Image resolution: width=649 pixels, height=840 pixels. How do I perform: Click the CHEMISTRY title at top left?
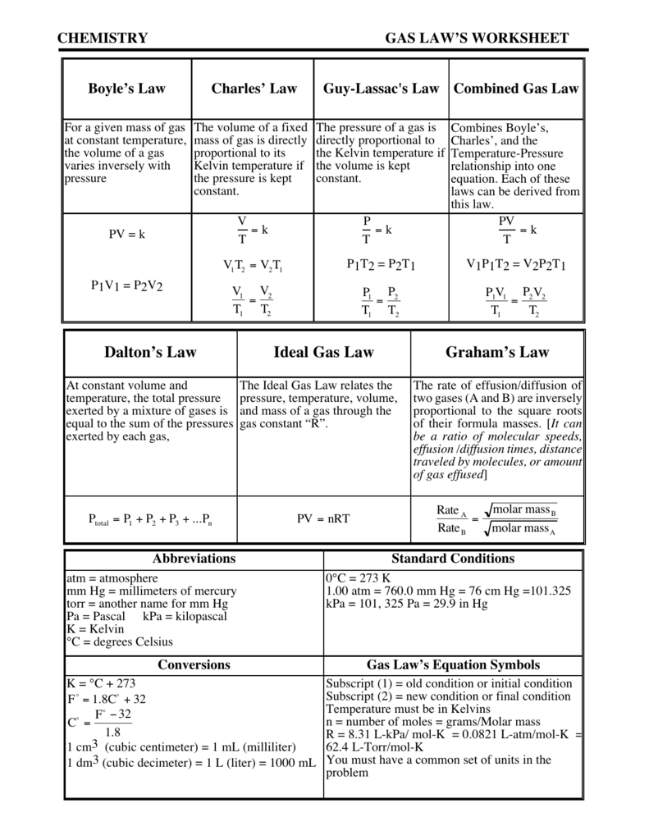103,39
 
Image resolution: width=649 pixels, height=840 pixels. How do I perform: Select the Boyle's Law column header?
126,89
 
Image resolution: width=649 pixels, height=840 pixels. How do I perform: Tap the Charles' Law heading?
254,89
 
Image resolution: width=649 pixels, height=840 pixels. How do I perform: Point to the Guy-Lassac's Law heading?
381,89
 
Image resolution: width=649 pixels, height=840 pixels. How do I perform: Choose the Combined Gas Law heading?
516,89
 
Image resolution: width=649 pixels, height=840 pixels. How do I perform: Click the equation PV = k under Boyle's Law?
126,234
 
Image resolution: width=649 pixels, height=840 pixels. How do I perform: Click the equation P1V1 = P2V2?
126,285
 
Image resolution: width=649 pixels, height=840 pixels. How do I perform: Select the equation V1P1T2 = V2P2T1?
516,264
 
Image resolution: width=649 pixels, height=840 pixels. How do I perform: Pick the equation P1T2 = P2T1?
381,264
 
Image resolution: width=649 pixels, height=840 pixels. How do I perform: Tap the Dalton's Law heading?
150,352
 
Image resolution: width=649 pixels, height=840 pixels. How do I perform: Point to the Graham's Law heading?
497,352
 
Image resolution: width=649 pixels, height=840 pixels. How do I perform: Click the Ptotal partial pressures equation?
150,519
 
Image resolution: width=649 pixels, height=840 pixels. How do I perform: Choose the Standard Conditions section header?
453,559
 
